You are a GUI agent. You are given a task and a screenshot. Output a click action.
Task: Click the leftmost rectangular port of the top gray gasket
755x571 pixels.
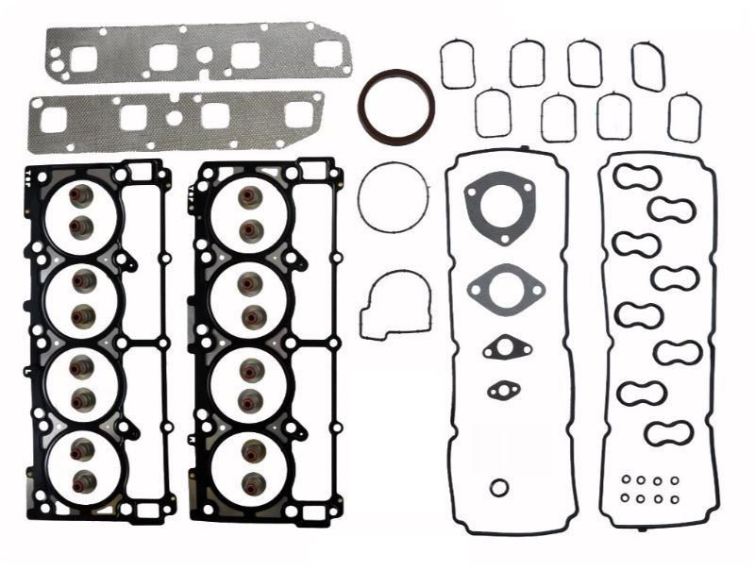point(83,59)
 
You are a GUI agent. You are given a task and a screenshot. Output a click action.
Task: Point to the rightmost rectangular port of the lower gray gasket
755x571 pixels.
point(299,114)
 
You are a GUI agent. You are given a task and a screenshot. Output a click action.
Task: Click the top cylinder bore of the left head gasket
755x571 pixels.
point(83,212)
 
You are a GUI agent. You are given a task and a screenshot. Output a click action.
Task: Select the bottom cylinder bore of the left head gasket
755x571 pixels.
point(83,467)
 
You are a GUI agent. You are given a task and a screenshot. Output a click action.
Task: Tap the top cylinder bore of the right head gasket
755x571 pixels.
point(249,212)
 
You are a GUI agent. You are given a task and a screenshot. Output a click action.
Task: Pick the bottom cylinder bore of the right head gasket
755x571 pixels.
point(249,467)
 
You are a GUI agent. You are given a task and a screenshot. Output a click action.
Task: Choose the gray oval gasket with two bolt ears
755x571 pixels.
point(506,284)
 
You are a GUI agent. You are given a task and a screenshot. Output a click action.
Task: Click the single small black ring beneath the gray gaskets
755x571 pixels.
point(499,487)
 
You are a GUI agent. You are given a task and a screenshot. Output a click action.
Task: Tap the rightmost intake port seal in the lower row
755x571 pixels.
point(684,118)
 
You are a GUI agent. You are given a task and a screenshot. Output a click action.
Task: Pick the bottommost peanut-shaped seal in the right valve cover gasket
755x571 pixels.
point(669,433)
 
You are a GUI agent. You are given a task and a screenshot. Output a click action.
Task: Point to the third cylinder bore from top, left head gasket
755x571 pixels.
point(83,382)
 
